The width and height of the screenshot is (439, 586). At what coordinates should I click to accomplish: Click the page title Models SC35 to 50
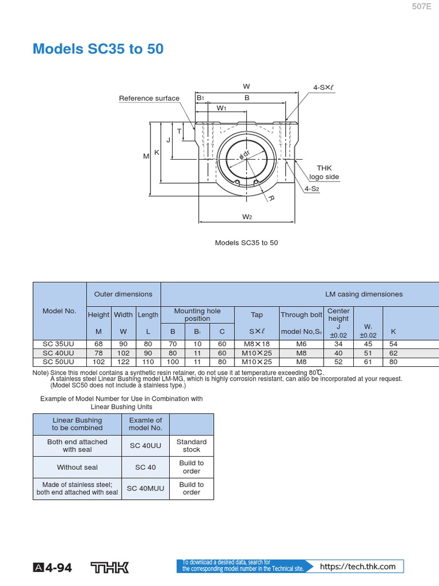click(x=98, y=49)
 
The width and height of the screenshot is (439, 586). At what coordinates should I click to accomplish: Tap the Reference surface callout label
click(x=149, y=98)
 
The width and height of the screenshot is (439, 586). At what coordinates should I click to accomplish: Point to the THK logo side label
click(x=324, y=172)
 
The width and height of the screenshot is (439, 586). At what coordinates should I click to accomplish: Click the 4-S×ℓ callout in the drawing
click(x=323, y=88)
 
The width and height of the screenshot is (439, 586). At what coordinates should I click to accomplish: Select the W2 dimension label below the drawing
click(x=247, y=217)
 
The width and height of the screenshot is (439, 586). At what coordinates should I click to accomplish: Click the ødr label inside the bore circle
click(x=246, y=155)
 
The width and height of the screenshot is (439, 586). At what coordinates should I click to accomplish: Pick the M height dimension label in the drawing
click(x=146, y=156)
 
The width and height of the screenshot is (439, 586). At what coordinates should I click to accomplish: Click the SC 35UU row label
click(x=59, y=344)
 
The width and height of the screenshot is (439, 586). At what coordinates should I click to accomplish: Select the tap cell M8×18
click(x=257, y=344)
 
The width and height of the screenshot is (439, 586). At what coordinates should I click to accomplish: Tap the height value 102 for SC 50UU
click(x=98, y=362)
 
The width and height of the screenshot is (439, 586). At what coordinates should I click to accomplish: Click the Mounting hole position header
click(x=197, y=315)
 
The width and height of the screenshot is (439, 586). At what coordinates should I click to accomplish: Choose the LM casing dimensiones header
click(x=364, y=294)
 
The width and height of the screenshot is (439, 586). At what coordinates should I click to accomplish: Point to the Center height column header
click(x=338, y=315)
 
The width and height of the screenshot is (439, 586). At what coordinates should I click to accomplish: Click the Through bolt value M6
click(x=301, y=344)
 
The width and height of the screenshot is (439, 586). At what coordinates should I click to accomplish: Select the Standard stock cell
click(x=191, y=446)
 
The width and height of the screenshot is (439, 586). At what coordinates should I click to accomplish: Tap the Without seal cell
click(x=77, y=467)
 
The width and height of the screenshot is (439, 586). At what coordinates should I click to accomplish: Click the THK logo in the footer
click(x=110, y=567)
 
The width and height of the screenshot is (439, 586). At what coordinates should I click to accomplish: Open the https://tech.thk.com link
click(x=358, y=567)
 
